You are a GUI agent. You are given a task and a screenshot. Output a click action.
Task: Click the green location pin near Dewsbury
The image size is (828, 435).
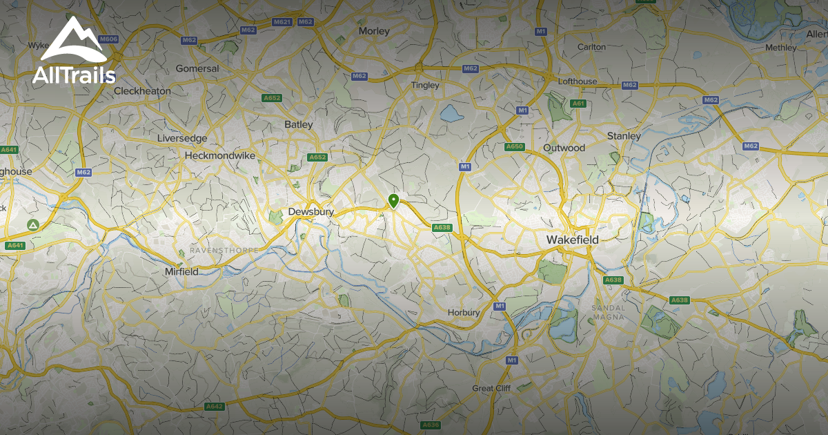tap(393, 201)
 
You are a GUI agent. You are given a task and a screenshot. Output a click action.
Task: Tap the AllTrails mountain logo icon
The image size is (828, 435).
tap(73, 40)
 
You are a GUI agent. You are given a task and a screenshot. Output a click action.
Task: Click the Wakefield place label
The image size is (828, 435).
tap(572, 240)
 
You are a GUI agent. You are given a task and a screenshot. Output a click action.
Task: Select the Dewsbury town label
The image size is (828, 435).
tap(310, 212)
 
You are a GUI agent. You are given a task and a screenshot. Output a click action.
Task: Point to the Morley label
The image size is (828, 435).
tap(374, 31)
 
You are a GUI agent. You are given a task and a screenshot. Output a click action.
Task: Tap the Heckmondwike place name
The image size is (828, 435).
tap(220, 156)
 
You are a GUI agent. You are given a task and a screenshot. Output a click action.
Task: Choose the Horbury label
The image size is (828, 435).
tap(464, 313)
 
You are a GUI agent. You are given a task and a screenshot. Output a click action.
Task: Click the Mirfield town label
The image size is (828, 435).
tap(181, 272)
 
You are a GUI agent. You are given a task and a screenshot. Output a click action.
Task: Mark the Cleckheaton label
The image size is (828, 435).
tap(142, 91)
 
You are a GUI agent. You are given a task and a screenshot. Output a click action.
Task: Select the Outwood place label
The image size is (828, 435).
tap(564, 148)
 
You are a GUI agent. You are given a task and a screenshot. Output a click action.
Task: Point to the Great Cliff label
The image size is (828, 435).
tap(492, 389)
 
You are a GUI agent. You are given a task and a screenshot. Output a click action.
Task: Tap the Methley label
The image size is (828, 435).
tap(781, 48)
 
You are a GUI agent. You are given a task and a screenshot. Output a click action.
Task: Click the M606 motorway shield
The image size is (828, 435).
tap(109, 39)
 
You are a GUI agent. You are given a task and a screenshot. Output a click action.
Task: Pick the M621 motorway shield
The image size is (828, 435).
tap(282, 22)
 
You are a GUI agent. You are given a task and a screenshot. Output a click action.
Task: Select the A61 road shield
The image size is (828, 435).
tap(578, 104)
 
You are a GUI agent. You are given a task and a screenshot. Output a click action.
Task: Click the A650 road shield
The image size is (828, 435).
tap(515, 147)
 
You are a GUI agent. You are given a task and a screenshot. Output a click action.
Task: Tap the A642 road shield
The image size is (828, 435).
tap(215, 407)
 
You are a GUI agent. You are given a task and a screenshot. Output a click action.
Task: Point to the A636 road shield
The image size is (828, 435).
tap(431, 425)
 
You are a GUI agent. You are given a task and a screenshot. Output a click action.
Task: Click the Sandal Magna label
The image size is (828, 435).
tap(607, 312)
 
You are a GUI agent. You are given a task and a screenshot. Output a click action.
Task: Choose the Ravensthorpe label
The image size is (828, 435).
tap(224, 250)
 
